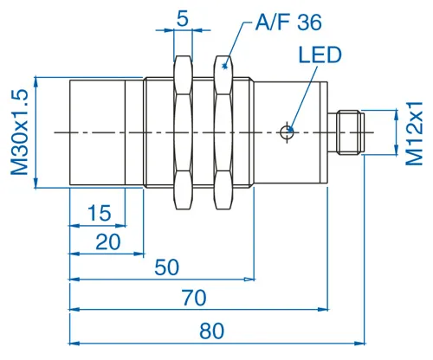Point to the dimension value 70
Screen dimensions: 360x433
[194, 299]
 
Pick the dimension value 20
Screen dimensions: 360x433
[107, 241]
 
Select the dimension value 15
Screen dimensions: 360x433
[100, 213]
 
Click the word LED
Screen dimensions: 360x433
[320, 56]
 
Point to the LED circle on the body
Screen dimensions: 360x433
[288, 132]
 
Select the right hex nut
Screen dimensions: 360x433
[225, 132]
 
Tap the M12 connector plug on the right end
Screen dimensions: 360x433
[348, 132]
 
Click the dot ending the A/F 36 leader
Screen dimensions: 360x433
[225, 63]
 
